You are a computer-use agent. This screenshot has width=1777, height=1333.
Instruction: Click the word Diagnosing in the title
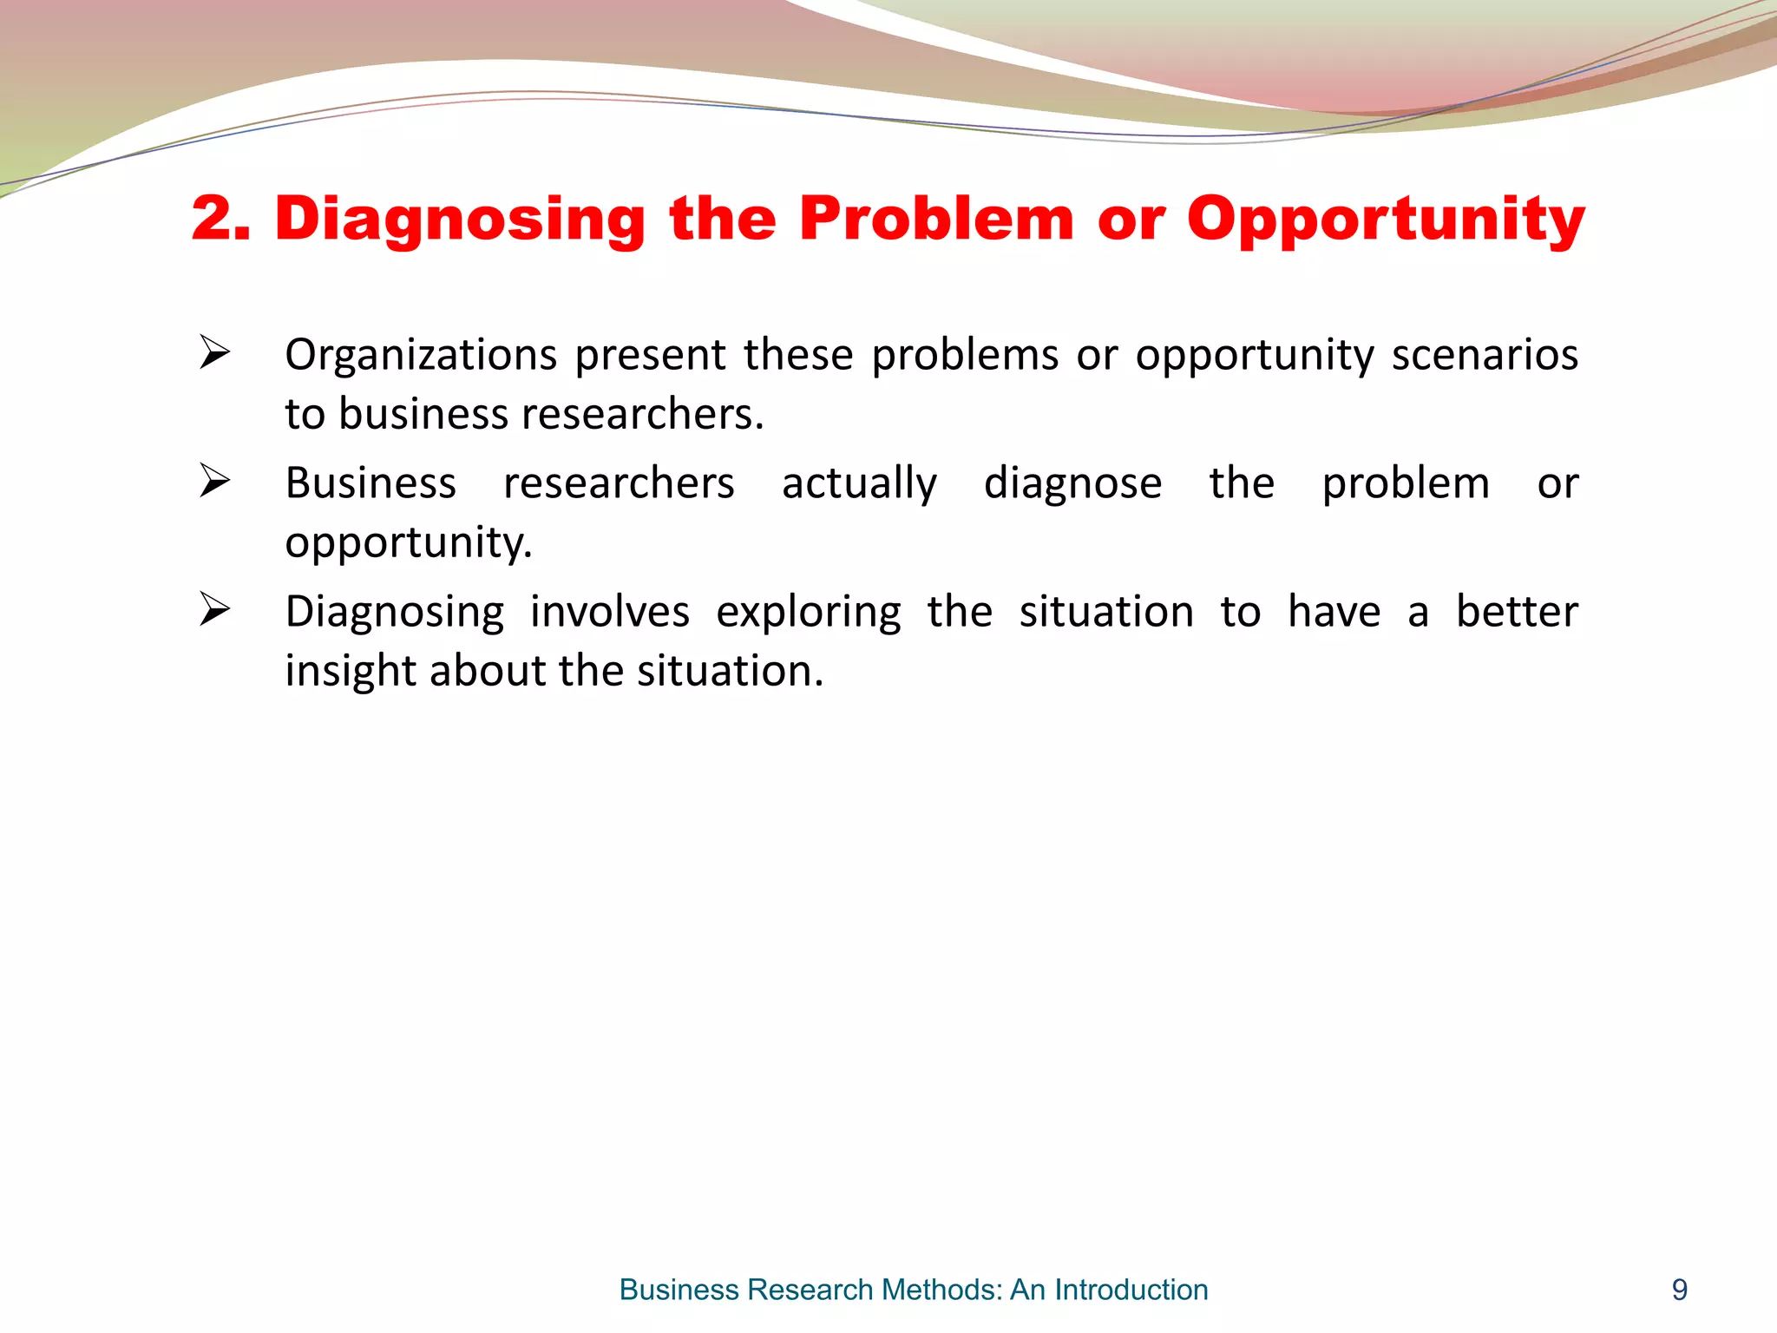[460, 220]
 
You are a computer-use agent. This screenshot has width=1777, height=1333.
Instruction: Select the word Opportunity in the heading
[1386, 220]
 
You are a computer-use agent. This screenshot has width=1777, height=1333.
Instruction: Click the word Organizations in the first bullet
[421, 356]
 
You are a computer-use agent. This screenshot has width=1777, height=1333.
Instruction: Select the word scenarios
[1485, 354]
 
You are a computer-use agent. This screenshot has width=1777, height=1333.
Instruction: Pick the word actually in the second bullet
[859, 484]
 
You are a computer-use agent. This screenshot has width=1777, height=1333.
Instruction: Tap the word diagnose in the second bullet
[1072, 484]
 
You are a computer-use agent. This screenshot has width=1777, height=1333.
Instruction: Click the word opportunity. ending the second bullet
[408, 543]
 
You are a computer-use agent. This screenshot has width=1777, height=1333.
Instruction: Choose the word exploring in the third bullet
[808, 613]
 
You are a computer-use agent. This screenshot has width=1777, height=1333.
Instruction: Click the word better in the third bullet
[1516, 611]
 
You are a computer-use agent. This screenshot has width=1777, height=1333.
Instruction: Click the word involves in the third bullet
[609, 611]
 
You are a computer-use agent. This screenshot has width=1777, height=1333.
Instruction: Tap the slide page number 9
[1679, 1290]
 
